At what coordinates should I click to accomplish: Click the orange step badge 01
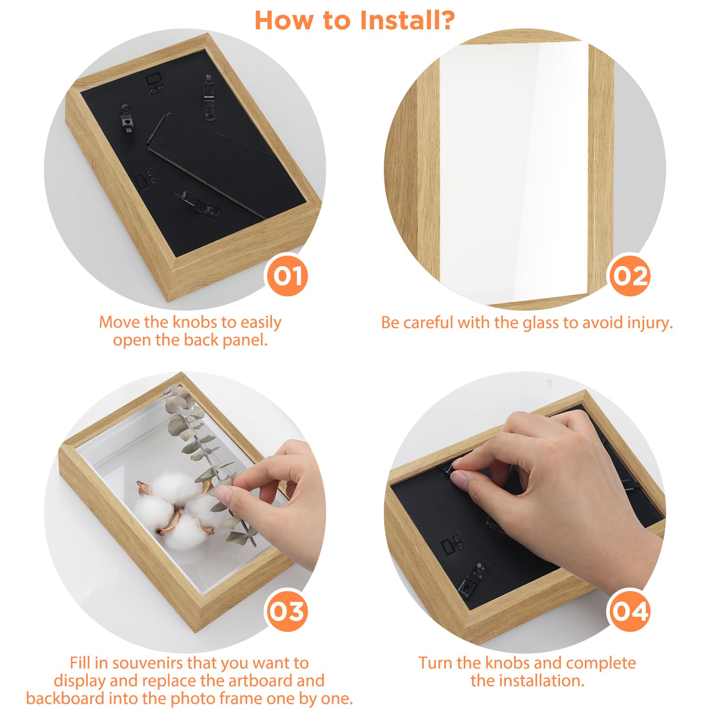coord(288,276)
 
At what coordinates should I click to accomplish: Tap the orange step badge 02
coord(629,276)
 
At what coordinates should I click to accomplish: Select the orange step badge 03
coord(288,611)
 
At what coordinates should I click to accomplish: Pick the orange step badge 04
coord(629,611)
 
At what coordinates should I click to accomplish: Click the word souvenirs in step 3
coord(148,663)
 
